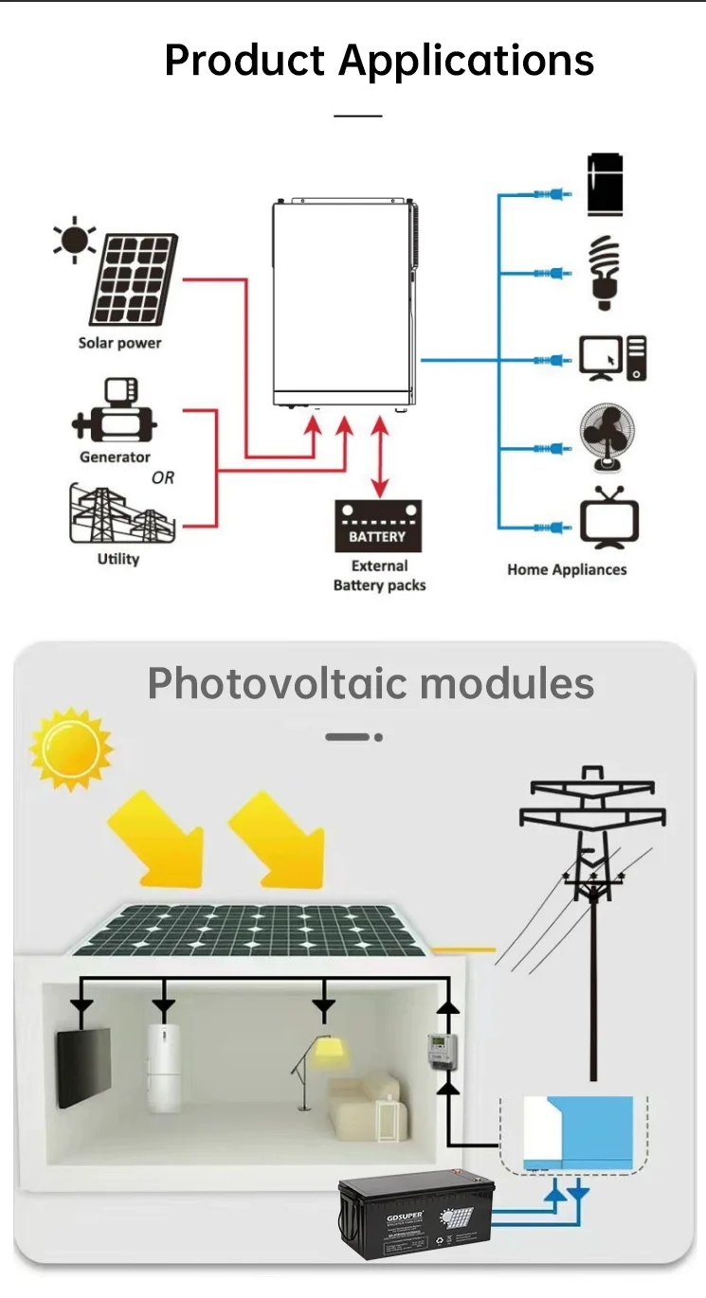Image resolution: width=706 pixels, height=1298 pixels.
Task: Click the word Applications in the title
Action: click(466, 61)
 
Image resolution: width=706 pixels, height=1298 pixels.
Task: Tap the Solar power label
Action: click(119, 343)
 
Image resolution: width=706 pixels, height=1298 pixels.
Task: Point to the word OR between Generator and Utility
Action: click(163, 478)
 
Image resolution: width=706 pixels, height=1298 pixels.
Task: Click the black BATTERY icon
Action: click(377, 527)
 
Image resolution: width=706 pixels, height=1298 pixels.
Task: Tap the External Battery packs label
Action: click(379, 576)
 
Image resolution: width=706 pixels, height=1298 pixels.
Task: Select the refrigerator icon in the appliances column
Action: click(605, 184)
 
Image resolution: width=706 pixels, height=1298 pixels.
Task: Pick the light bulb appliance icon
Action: click(604, 272)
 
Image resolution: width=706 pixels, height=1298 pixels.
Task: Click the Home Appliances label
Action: click(567, 570)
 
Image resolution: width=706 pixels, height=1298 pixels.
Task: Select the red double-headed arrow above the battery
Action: click(380, 460)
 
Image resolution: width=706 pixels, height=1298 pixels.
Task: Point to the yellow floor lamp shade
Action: click(329, 1052)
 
